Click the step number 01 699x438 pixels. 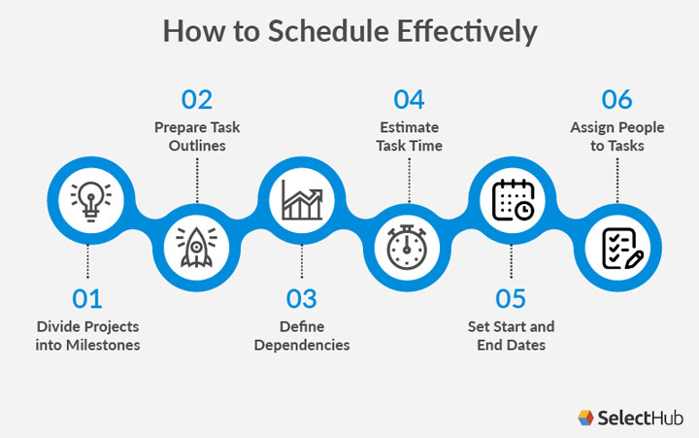(87, 299)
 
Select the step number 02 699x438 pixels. (197, 99)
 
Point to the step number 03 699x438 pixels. (302, 299)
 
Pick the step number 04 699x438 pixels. (409, 99)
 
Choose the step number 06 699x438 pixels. (617, 99)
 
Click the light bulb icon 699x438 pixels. (90, 198)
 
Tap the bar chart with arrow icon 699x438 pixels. (302, 198)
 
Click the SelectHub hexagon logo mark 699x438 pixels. (584, 418)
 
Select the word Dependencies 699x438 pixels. (302, 344)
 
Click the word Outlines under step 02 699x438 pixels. (197, 146)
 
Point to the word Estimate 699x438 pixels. (409, 127)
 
